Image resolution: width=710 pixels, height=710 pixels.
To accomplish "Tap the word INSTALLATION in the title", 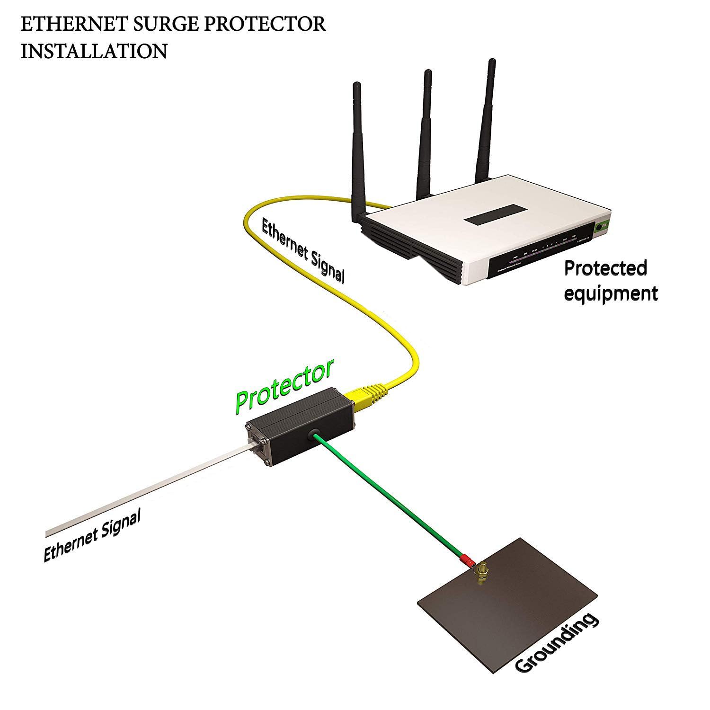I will coord(94,51).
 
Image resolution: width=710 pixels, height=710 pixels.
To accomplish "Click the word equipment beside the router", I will coord(611,293).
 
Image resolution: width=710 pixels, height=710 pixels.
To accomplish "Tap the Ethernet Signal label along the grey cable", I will coord(92,537).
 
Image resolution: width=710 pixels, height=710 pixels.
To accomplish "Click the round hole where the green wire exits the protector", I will coord(313,435).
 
